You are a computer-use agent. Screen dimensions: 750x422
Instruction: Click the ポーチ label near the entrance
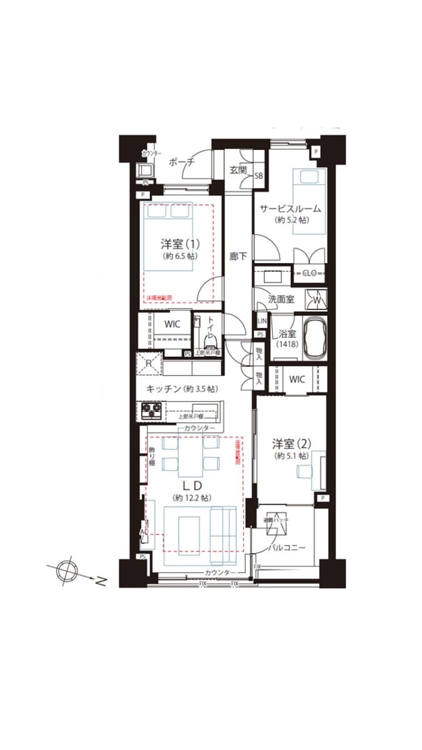tap(182, 162)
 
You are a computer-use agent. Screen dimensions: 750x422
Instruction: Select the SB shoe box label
tap(258, 176)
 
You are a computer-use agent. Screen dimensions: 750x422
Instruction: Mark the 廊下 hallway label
tap(238, 256)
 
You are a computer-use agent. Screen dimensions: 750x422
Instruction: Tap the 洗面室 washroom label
tap(281, 299)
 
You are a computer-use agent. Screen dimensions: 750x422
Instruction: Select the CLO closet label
tap(310, 272)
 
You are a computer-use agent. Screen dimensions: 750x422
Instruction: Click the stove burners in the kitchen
tap(151, 411)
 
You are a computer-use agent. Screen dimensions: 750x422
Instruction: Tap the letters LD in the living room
tap(191, 485)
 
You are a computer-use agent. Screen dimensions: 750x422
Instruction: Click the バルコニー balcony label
tap(286, 547)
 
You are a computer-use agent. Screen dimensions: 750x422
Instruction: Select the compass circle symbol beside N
tap(65, 571)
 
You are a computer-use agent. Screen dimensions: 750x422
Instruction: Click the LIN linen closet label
tap(261, 321)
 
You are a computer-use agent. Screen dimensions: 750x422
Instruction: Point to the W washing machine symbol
tap(316, 299)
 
